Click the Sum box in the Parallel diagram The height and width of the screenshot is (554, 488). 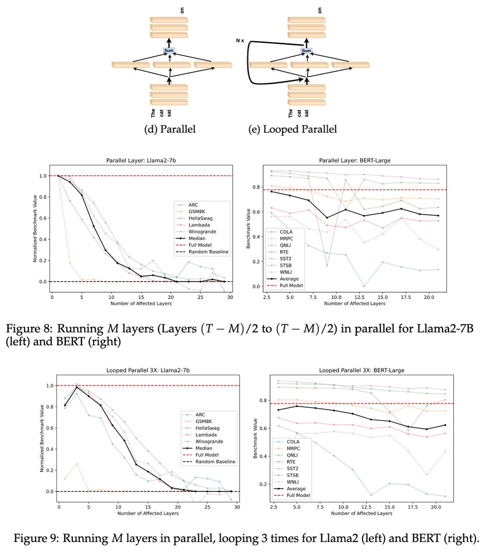click(169, 51)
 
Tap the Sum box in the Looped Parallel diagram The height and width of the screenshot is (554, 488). click(307, 51)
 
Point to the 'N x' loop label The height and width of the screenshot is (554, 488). click(240, 41)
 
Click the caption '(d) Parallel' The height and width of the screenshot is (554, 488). click(170, 129)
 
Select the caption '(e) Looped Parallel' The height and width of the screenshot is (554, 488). click(292, 129)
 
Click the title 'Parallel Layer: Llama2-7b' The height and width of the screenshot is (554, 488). click(141, 161)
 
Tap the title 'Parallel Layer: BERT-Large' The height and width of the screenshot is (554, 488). click(355, 161)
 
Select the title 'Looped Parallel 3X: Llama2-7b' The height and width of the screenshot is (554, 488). click(148, 370)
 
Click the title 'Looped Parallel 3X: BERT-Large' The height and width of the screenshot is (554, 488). click(361, 370)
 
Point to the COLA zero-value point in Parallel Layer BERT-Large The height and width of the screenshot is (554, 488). click(364, 286)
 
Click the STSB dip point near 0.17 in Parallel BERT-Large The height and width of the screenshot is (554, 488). click(327, 265)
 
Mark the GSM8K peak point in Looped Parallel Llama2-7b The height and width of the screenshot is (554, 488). click(77, 464)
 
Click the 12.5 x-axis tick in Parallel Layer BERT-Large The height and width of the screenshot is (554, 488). click(359, 297)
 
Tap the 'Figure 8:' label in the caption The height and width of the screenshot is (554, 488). click(29, 329)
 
